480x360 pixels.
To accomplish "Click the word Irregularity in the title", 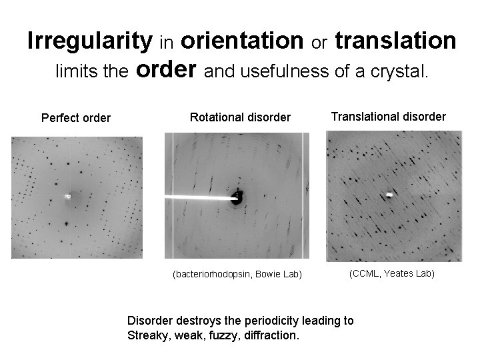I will (89, 41).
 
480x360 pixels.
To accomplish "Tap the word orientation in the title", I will (241, 41).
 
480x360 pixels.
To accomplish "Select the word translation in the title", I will (395, 41).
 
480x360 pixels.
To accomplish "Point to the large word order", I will (167, 70).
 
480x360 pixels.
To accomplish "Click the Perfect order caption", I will (76, 119).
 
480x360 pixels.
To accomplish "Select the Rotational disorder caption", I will (241, 117).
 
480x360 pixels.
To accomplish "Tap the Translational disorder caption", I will (389, 116).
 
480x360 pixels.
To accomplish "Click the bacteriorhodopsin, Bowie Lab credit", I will (237, 274).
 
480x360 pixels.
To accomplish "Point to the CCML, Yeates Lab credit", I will (392, 273).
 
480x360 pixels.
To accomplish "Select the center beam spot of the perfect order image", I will (67, 197).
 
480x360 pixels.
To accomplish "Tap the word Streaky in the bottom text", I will (146, 334).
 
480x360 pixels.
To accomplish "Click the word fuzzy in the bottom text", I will (220, 334).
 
